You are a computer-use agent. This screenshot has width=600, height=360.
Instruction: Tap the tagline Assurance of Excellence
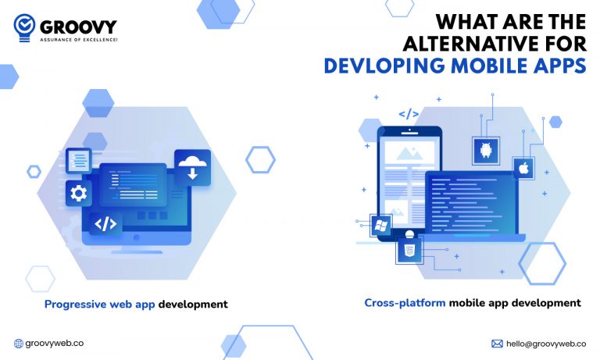(79, 39)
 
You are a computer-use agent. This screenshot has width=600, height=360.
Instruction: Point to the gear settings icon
(78, 194)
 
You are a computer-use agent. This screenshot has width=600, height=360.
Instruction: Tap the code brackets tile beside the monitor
(105, 224)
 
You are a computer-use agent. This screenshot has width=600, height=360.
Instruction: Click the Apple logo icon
(523, 167)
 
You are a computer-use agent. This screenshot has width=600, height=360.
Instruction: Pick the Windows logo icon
(382, 226)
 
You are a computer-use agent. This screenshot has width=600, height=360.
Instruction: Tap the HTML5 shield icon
(408, 251)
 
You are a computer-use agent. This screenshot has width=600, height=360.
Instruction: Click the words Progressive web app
(99, 305)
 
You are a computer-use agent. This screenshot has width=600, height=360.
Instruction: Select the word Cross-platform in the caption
(405, 302)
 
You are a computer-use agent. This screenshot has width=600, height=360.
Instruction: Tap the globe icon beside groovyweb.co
(19, 344)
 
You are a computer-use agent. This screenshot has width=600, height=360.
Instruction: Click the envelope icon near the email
(497, 344)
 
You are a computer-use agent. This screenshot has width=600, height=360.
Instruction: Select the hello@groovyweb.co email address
(546, 344)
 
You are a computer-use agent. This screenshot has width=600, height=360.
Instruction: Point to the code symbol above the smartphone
(408, 114)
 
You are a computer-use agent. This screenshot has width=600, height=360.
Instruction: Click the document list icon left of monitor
(78, 161)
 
